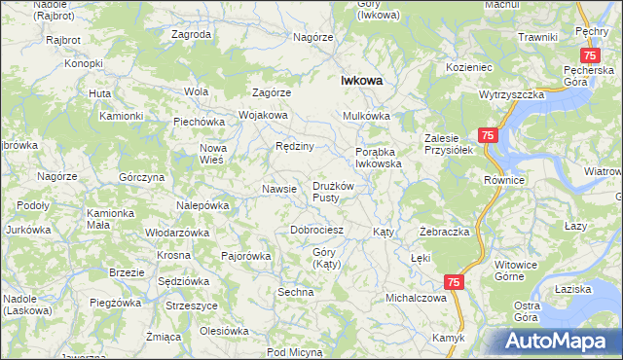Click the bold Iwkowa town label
[360, 82]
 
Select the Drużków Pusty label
[337, 192]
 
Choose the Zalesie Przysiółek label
[448, 144]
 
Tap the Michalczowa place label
[415, 298]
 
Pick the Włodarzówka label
[177, 234]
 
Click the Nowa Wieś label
[213, 154]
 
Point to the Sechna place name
[295, 292]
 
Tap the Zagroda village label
[192, 34]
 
